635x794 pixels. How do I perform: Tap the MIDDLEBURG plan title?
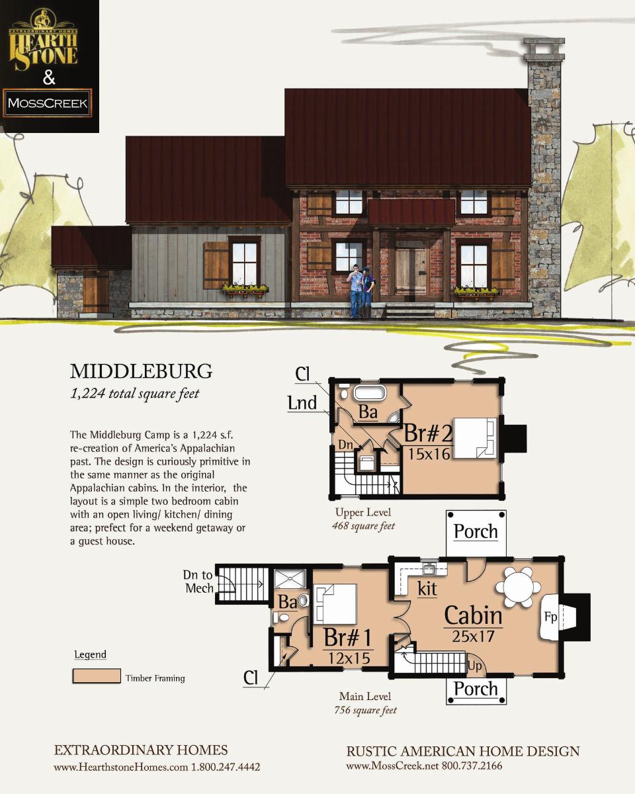point(142,371)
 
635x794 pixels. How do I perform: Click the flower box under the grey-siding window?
point(245,290)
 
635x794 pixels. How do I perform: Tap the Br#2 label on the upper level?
point(428,433)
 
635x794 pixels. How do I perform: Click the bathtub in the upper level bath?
point(370,392)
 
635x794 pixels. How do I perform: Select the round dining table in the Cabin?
point(518,587)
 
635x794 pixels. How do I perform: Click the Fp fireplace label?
point(550,617)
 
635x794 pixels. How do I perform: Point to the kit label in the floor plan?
point(427,589)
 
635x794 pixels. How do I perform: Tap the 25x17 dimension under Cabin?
point(473,636)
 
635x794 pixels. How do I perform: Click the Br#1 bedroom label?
point(347,638)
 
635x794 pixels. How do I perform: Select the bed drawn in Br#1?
point(335,603)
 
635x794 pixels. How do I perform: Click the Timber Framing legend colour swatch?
point(97,676)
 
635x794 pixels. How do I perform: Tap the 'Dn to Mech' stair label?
point(199,582)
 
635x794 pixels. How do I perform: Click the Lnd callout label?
point(302,403)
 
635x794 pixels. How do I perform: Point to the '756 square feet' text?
point(365,710)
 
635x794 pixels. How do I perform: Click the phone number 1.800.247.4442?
point(225,768)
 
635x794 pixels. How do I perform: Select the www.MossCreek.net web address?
point(392,766)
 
